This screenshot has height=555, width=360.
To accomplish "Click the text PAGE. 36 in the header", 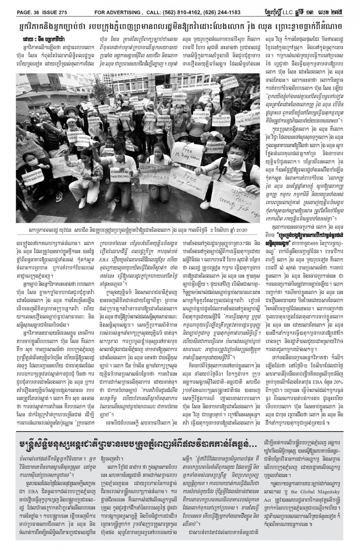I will click(x=19, y=6).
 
